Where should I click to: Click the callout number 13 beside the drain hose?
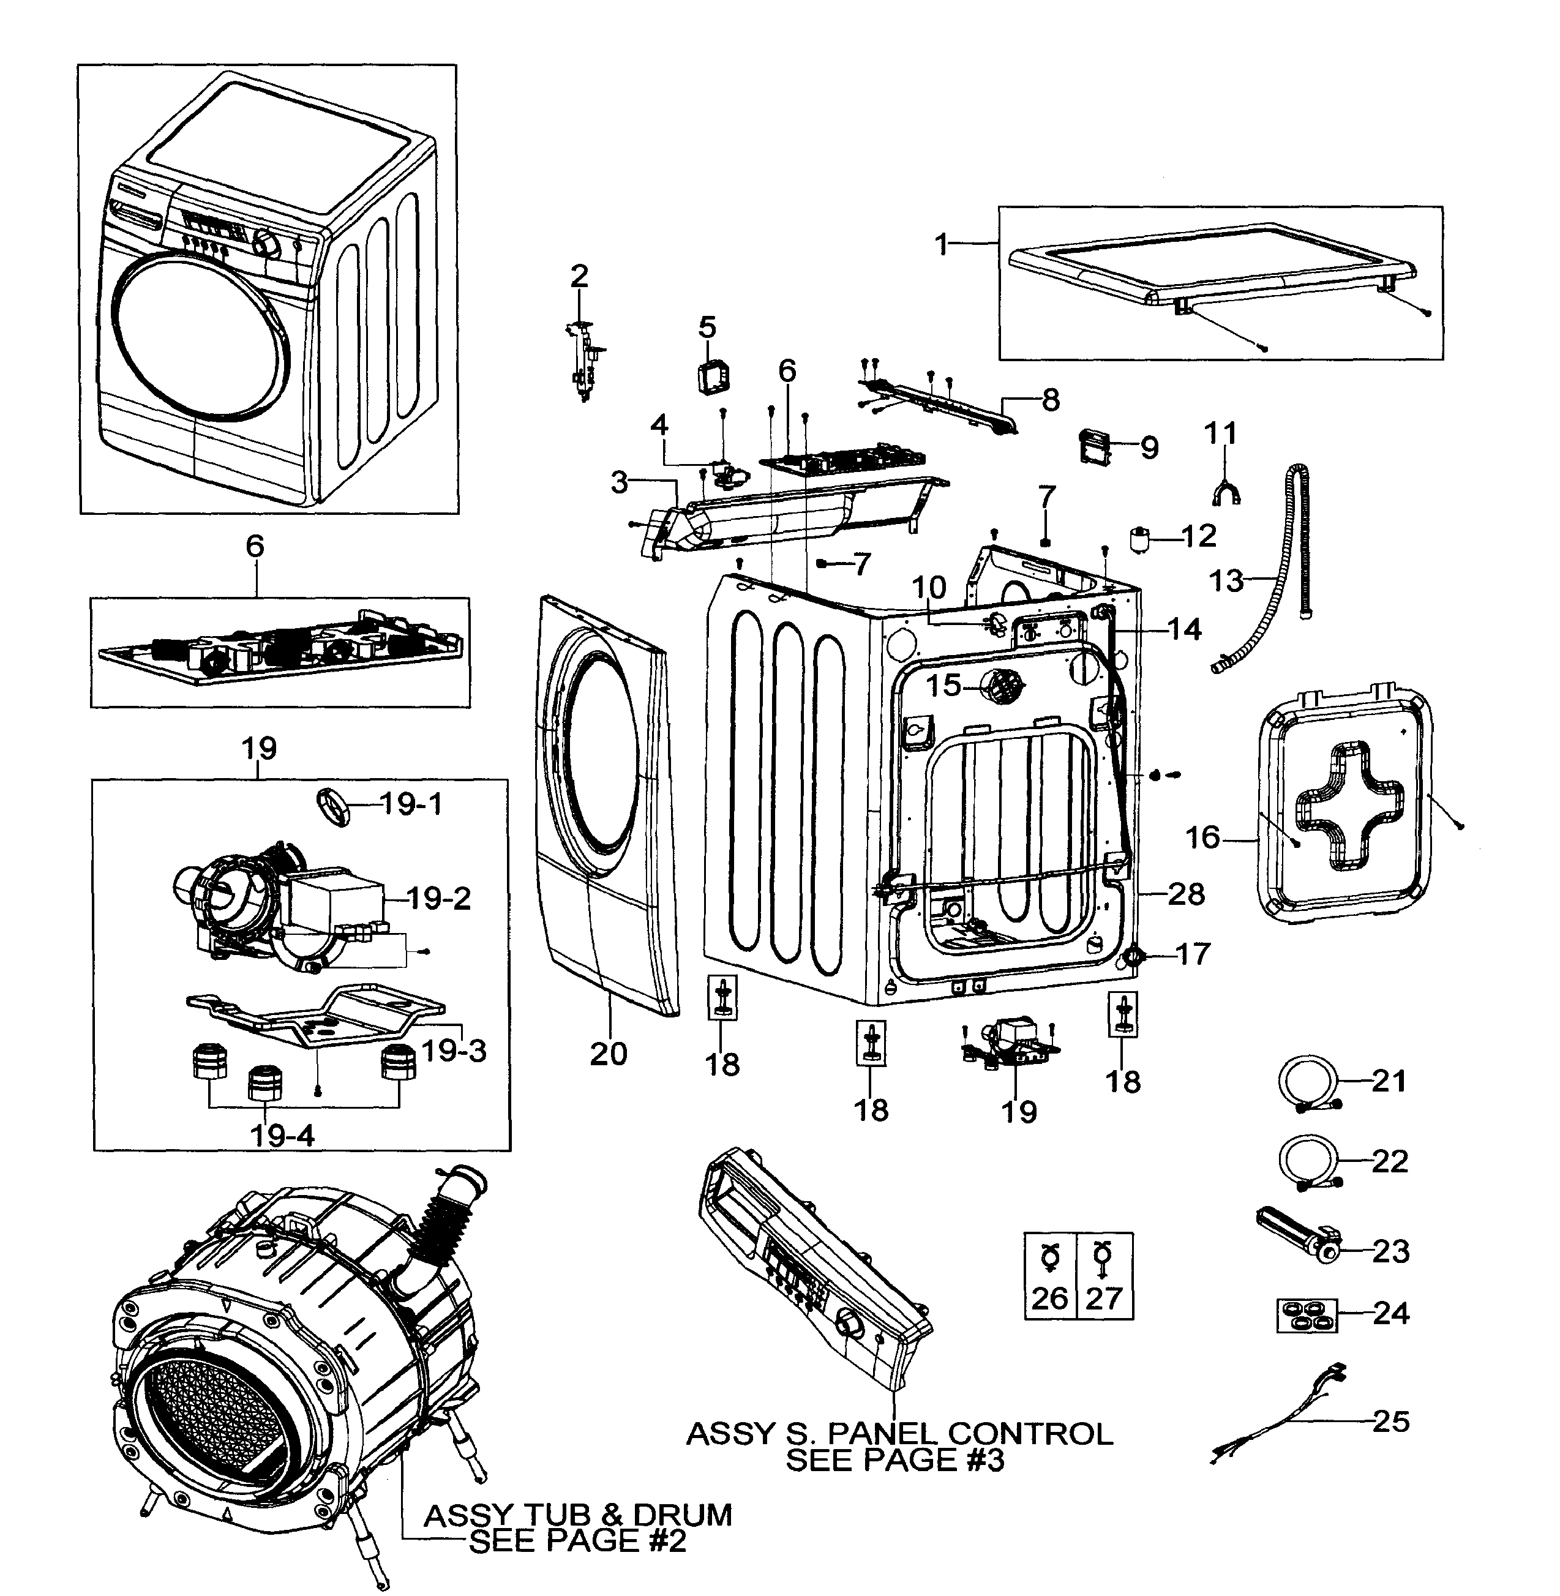1226,581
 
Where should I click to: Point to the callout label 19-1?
411,804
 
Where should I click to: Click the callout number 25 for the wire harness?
1390,1421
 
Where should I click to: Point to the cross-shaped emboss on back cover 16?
1349,804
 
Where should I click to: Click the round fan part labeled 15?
1003,686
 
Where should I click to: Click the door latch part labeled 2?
584,359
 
